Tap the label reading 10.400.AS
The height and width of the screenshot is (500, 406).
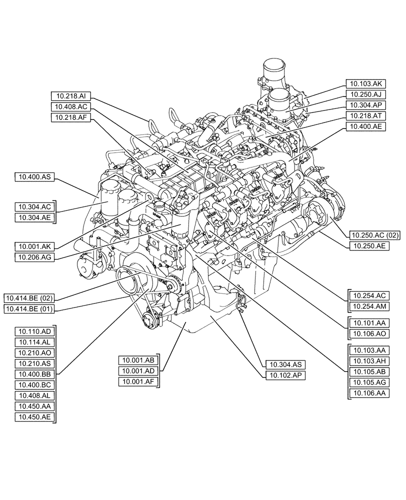tap(34, 176)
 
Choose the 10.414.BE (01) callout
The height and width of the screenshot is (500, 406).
tap(30, 309)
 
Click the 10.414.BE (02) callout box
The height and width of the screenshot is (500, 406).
tap(30, 298)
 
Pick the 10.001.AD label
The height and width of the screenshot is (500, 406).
tap(138, 371)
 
